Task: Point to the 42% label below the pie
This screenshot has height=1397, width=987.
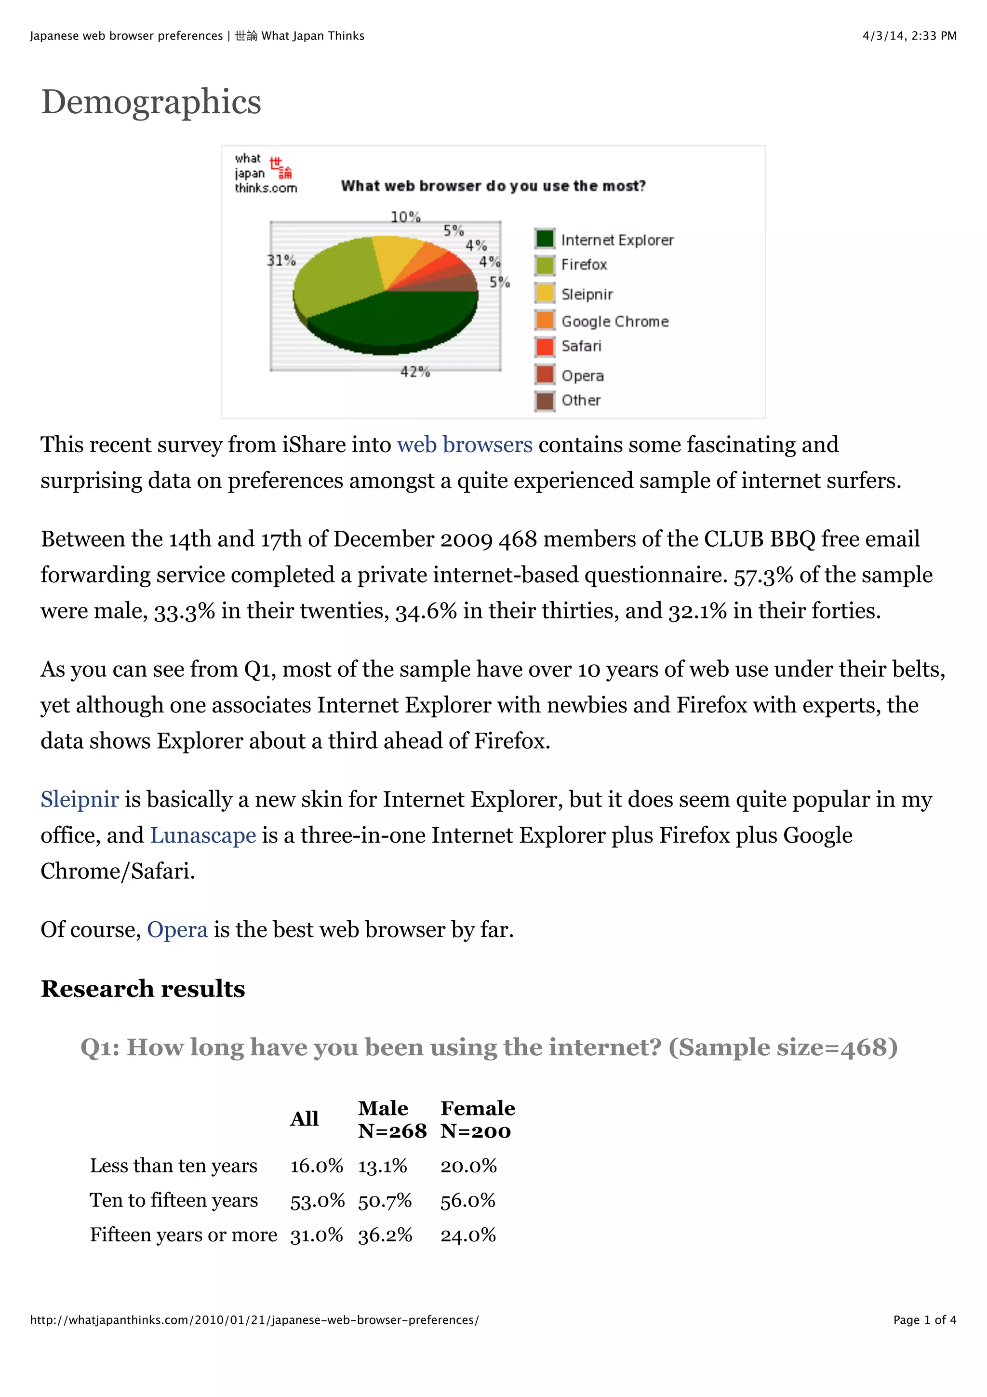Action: [415, 371]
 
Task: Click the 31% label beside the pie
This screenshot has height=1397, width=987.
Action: [281, 260]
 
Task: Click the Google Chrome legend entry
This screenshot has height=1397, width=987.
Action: [614, 321]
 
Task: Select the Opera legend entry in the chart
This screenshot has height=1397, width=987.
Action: [582, 376]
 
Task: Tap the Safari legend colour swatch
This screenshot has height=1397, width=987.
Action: [545, 346]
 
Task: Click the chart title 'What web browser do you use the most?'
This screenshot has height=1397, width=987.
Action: [493, 186]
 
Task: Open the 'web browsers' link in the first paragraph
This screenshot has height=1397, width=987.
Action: [465, 445]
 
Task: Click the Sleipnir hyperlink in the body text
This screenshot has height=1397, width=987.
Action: [80, 800]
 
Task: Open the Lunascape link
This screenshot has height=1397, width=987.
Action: [203, 835]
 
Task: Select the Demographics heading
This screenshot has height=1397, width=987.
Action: [151, 102]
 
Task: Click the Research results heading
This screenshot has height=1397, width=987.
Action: [143, 989]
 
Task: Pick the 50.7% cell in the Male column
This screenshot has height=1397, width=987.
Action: [384, 1200]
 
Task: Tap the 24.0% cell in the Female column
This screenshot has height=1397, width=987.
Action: [467, 1235]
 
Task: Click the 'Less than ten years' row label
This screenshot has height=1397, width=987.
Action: [174, 1166]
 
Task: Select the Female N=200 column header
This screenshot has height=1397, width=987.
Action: [478, 1119]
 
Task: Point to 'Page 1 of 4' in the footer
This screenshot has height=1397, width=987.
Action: [924, 1320]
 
